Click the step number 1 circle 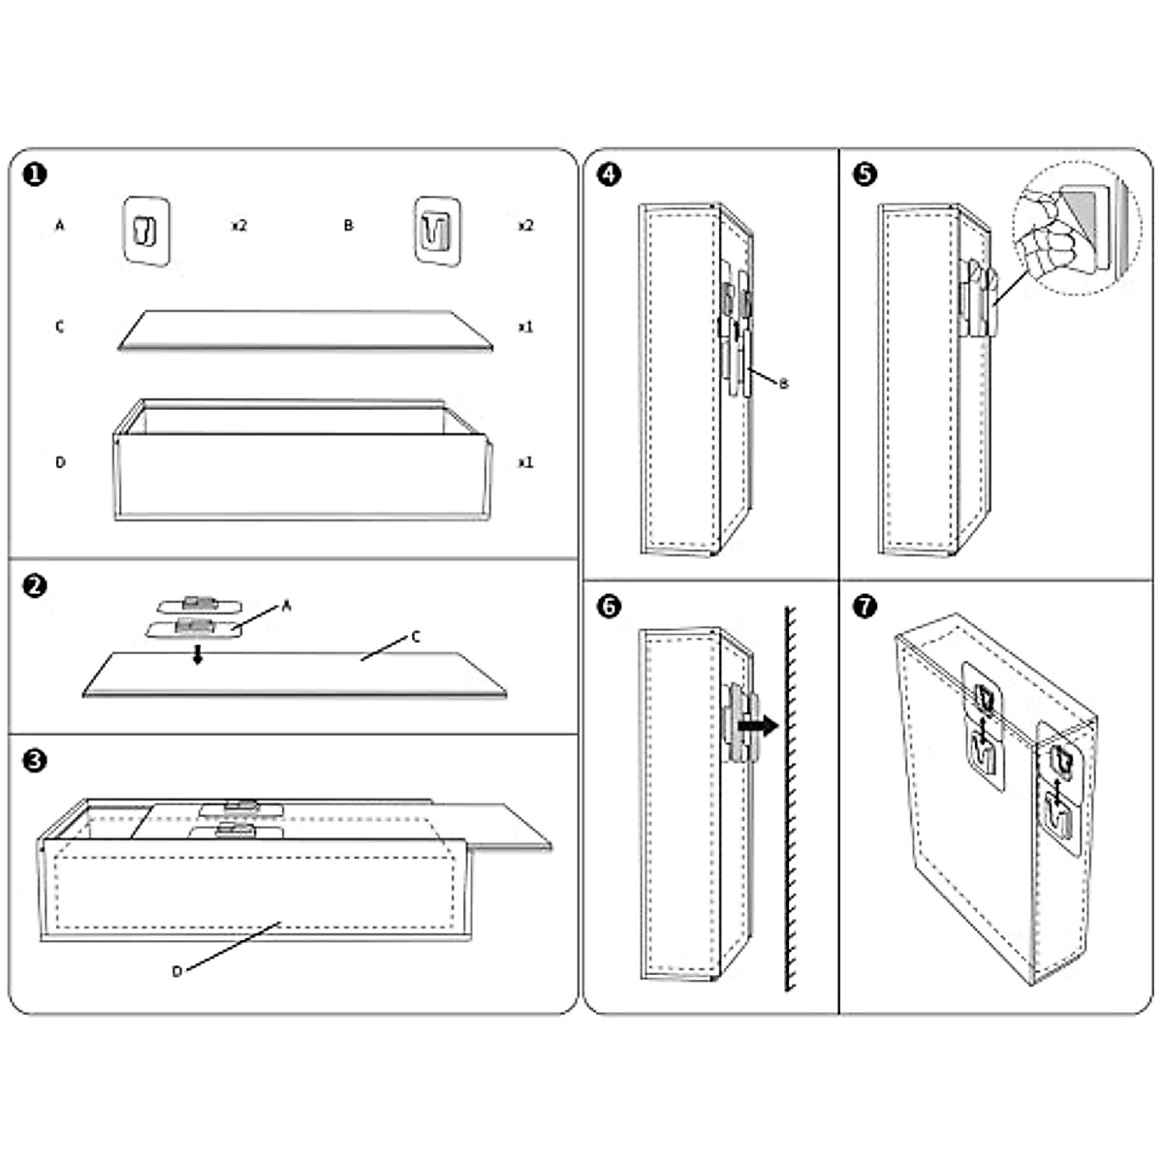coord(34,174)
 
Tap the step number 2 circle coord(34,586)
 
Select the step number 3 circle coord(34,761)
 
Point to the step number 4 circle coord(609,174)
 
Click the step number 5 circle coord(865,174)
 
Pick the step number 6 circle coord(609,607)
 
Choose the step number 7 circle coord(865,607)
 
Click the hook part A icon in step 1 coord(146,230)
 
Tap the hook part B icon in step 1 coord(436,230)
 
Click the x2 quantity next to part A coord(238,226)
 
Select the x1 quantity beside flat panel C coord(525,328)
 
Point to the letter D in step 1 coord(60,462)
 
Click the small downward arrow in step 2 coord(198,656)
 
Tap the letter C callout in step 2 coord(416,637)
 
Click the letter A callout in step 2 coord(287,606)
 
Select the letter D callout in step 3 coord(176,971)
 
